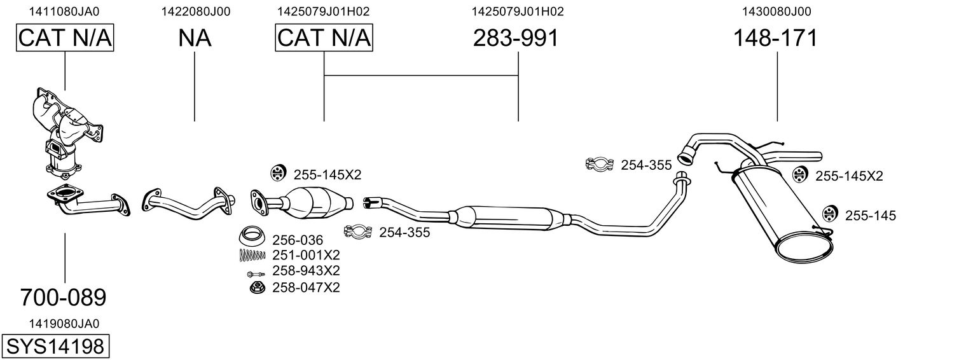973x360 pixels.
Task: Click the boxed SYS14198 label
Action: pyautogui.click(x=55, y=347)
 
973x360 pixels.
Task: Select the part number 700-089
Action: pyautogui.click(x=63, y=297)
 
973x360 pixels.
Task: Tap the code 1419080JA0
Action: pyautogui.click(x=64, y=323)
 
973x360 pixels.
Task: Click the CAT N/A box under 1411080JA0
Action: pyautogui.click(x=65, y=38)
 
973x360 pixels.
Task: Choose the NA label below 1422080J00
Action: pyautogui.click(x=195, y=38)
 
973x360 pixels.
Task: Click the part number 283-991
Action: pyautogui.click(x=516, y=38)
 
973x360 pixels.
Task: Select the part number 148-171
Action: pyautogui.click(x=775, y=38)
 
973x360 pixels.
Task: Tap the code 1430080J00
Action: pyautogui.click(x=776, y=11)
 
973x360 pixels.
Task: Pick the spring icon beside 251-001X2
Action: pyautogui.click(x=252, y=255)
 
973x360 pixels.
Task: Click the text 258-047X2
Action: pyautogui.click(x=306, y=288)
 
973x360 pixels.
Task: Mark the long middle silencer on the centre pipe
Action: pyautogui.click(x=506, y=217)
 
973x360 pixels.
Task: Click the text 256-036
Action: pyautogui.click(x=298, y=240)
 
